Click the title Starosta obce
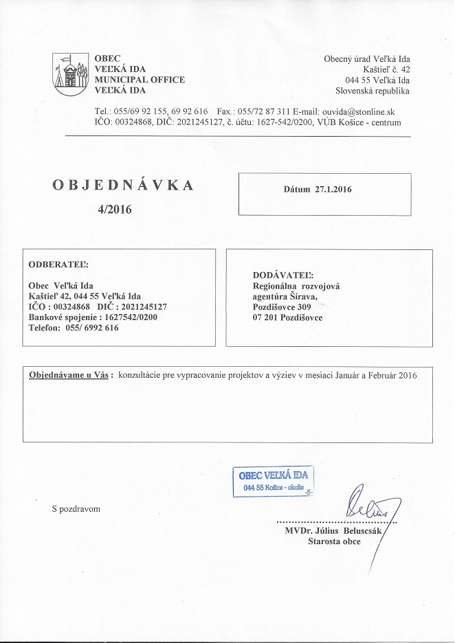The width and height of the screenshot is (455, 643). click(335, 541)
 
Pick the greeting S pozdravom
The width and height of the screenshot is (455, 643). click(76, 509)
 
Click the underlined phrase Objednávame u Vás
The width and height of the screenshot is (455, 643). click(69, 375)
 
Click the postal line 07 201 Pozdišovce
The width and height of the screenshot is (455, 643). click(288, 317)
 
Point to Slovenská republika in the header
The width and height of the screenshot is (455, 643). click(373, 90)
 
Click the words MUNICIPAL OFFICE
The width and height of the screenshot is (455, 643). click(140, 80)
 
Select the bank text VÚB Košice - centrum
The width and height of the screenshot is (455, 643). click(359, 122)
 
